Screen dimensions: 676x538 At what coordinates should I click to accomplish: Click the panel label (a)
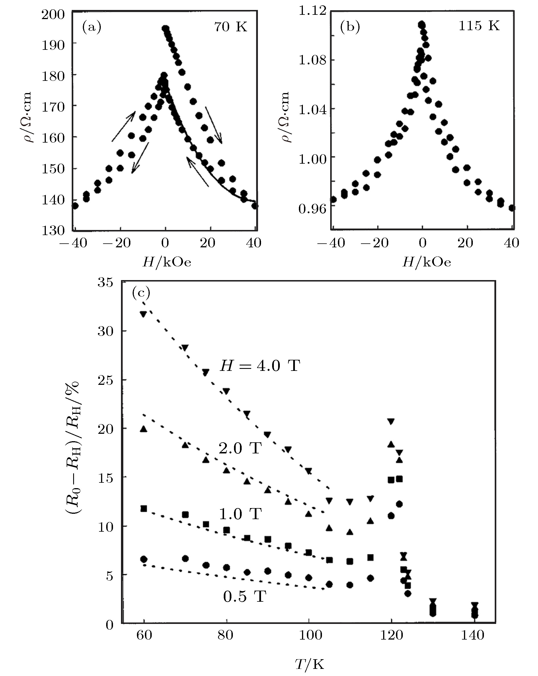[x=92, y=27]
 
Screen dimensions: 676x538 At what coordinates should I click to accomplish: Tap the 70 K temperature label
[x=231, y=27]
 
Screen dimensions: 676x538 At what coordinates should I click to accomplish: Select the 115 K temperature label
[x=479, y=25]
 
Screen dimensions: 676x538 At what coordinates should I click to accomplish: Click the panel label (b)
[x=350, y=27]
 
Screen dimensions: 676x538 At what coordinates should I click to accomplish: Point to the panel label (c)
[x=141, y=293]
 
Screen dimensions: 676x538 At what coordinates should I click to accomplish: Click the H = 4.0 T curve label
[x=260, y=365]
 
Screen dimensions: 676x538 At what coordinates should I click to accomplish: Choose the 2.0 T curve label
[x=240, y=448]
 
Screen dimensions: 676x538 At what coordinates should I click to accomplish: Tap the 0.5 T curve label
[x=245, y=596]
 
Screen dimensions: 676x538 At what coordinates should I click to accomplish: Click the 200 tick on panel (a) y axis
[x=53, y=15]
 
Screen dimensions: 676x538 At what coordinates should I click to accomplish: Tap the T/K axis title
[x=309, y=662]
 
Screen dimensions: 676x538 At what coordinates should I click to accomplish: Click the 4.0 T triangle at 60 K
[x=143, y=315]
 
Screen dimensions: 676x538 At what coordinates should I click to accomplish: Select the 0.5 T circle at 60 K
[x=143, y=559]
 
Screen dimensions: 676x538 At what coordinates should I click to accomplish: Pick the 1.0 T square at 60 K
[x=143, y=509]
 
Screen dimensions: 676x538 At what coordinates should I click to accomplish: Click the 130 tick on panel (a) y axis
[x=53, y=230]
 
